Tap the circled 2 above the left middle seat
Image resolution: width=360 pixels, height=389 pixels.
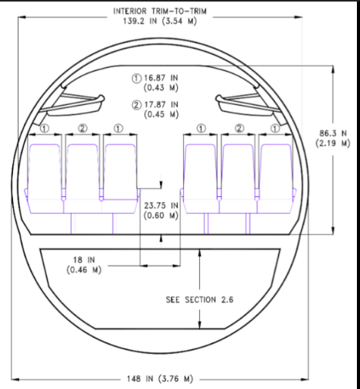point(83,127)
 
